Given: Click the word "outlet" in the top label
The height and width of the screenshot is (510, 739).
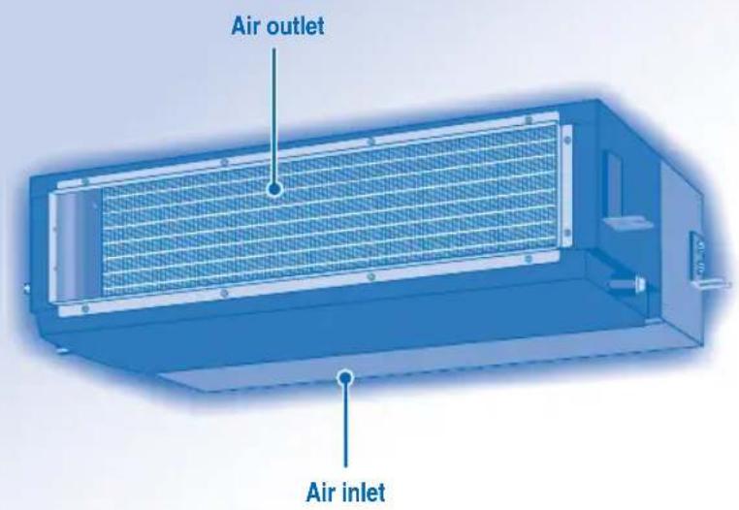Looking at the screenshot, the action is (x=295, y=25).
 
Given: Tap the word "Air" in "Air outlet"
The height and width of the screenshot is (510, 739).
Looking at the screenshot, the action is (x=246, y=26).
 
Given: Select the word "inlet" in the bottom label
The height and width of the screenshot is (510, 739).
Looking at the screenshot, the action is (x=363, y=493).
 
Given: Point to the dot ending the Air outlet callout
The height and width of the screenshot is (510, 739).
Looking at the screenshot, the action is (x=273, y=189).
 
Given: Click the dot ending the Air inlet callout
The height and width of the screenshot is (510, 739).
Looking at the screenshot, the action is (x=346, y=377).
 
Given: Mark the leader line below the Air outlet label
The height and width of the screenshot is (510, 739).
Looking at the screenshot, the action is (x=273, y=115).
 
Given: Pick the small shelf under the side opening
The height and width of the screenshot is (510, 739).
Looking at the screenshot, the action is (x=627, y=221).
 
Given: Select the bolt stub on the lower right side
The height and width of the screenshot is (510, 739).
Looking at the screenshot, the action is (x=627, y=284).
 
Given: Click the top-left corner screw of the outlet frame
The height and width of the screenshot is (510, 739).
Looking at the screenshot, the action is (x=85, y=181).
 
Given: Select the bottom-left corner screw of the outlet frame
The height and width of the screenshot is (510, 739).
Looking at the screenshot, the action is (x=84, y=308).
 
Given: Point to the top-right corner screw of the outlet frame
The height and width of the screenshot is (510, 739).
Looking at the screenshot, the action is (x=529, y=120).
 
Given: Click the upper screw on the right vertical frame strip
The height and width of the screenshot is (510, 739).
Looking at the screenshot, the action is (x=567, y=140).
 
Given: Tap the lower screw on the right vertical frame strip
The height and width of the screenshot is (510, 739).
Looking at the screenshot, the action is (x=566, y=233).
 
